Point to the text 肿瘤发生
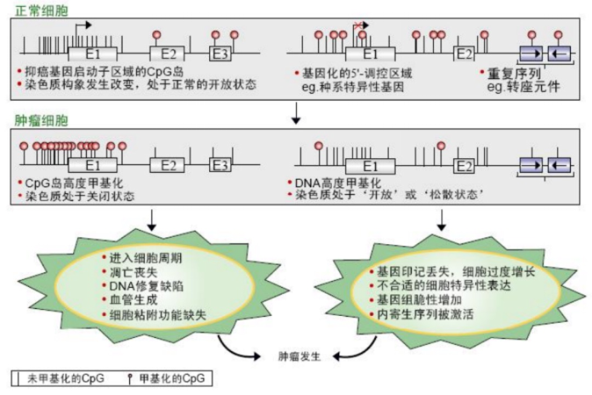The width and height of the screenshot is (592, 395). click(x=296, y=357)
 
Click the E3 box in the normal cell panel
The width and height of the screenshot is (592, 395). click(x=221, y=54)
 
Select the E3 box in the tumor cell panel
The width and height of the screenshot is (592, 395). click(x=221, y=163)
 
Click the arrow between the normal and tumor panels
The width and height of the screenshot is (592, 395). click(x=296, y=112)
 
